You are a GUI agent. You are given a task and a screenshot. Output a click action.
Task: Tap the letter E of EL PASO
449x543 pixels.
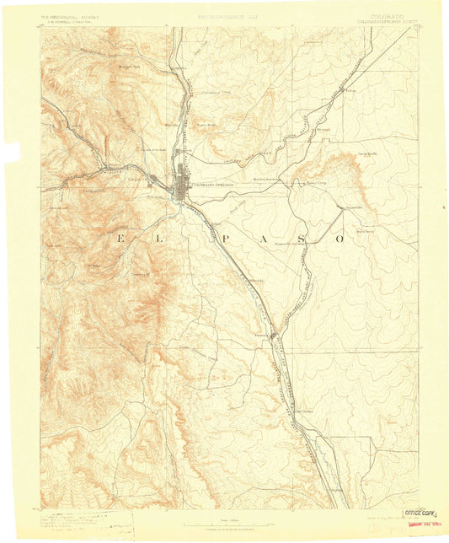120,239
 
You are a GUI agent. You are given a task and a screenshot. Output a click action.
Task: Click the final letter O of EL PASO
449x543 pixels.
340,239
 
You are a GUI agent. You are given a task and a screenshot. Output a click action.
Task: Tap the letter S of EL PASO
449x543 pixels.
299,239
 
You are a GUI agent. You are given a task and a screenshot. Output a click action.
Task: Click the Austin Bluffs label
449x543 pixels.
207,124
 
